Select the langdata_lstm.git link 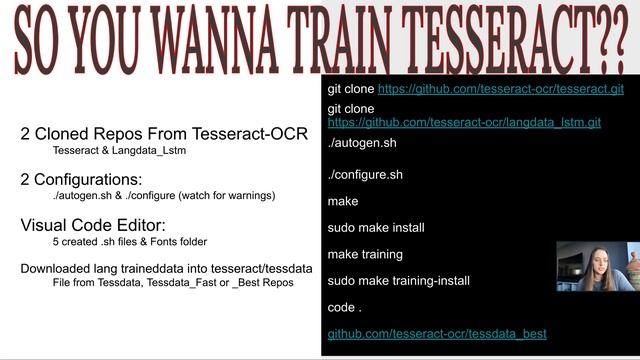point(464,123)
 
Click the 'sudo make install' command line point(376,228)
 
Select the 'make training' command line point(365,254)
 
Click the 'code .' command point(345,306)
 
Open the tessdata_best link point(437,333)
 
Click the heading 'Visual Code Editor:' point(93,225)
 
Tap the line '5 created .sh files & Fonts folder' point(130,242)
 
